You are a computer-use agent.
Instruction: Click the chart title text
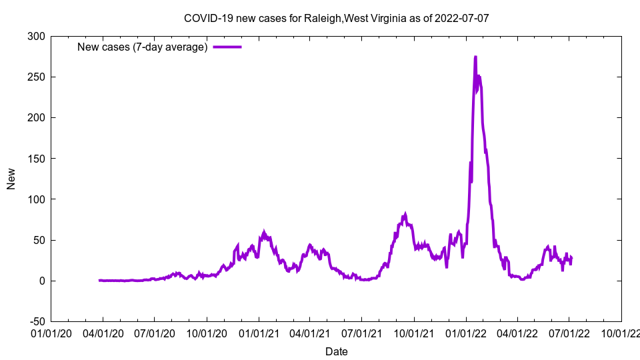(337, 18)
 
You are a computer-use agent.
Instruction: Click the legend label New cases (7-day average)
(143, 47)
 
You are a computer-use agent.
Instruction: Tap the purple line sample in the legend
(227, 47)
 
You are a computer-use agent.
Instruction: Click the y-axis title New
(11, 179)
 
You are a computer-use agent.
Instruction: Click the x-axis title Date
(337, 351)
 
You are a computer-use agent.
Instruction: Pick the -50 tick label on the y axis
(36, 321)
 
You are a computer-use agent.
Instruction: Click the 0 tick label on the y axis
(41, 281)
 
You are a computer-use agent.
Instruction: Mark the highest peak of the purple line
(475, 57)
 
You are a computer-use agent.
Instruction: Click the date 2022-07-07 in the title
(461, 18)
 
